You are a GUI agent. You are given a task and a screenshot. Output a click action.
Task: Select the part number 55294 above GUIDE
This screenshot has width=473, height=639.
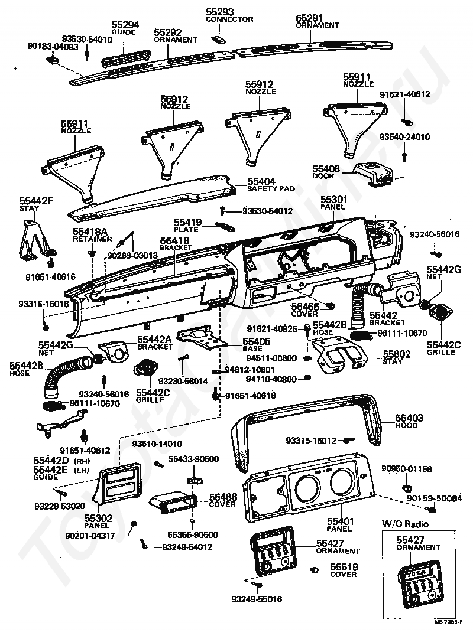[125, 24]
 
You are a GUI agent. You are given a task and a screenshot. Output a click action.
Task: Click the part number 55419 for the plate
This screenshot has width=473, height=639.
[187, 223]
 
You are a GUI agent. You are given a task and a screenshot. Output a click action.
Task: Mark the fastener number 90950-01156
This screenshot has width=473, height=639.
[410, 469]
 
